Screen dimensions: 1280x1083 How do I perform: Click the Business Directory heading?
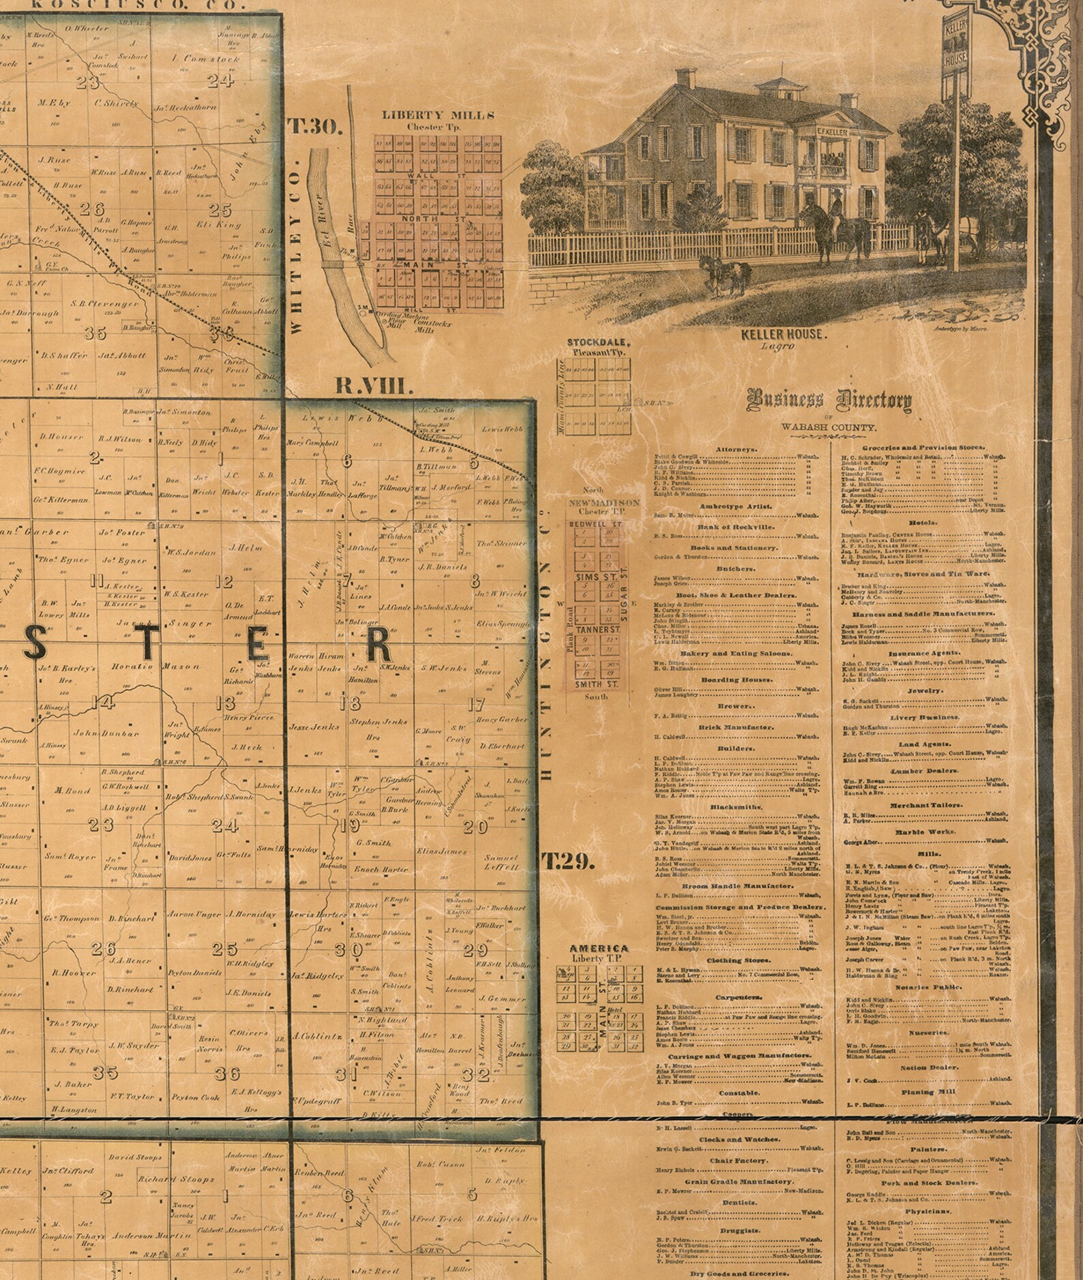point(829,400)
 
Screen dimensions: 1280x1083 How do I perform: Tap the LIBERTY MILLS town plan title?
point(439,115)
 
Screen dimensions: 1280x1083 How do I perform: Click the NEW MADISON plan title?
point(604,502)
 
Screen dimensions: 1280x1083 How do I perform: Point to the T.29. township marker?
point(567,862)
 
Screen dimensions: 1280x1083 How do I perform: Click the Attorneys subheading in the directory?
point(736,450)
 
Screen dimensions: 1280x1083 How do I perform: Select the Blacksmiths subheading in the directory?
point(735,807)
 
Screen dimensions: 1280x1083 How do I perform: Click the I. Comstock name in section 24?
point(207,59)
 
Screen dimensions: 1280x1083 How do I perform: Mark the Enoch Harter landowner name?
point(381,869)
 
